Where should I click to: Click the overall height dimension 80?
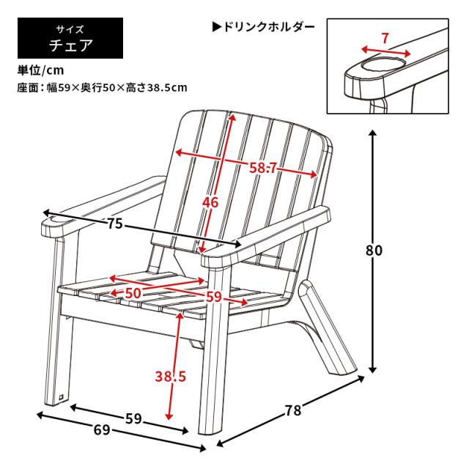coord(374,251)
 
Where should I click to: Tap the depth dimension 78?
coord(293,410)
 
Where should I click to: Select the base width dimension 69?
coord(102,430)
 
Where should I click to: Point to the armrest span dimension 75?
coord(115,224)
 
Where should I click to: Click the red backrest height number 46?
coord(210,203)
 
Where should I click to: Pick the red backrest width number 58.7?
coord(263,169)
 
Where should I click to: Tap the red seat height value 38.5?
coord(171,376)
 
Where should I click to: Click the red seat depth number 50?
coord(133,293)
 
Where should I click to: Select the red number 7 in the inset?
coord(385,38)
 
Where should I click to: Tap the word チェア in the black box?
coord(71,45)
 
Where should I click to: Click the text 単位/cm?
coord(41,70)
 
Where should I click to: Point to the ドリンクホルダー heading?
coord(269,27)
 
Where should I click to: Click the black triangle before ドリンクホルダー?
coord(217,27)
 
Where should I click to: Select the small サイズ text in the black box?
coord(70,29)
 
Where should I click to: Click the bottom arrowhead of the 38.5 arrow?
coord(169,416)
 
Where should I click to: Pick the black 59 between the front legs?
coord(133,418)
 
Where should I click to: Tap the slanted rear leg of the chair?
coord(328,326)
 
